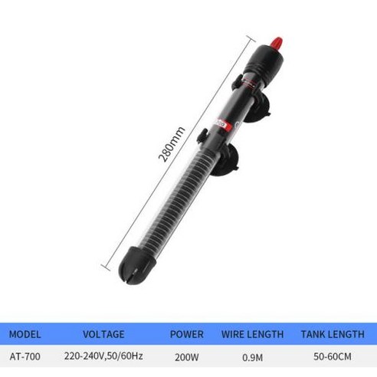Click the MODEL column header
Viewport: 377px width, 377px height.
click(x=25, y=334)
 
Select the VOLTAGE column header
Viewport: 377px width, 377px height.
click(x=103, y=334)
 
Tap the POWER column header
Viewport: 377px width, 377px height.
click(x=187, y=334)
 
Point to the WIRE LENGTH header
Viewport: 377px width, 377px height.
click(x=252, y=334)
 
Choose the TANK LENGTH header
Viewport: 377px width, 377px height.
click(x=333, y=334)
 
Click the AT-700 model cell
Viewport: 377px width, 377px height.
click(x=25, y=356)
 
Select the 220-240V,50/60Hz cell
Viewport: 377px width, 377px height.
click(x=103, y=356)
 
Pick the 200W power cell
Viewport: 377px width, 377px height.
click(x=187, y=357)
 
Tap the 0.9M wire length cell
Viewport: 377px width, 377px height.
click(x=252, y=357)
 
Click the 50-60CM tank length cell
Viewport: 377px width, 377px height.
click(x=333, y=356)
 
